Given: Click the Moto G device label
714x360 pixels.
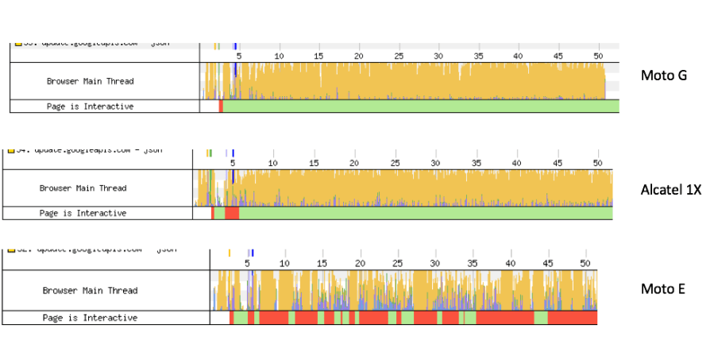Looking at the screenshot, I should (663, 75).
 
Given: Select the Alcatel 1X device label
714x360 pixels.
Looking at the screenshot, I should (671, 190).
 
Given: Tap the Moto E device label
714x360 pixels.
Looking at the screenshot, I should (662, 288).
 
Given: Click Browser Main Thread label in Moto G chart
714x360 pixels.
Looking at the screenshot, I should (90, 81).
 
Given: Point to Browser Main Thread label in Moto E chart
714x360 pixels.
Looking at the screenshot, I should (90, 291).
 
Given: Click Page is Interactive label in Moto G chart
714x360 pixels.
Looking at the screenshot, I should (90, 106).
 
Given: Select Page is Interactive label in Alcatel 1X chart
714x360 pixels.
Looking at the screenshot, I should (83, 213).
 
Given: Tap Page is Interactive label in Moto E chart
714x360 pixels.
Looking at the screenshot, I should (90, 318).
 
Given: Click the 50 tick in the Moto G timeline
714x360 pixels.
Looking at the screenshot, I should (598, 56).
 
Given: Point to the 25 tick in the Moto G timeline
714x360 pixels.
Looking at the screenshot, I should (399, 56).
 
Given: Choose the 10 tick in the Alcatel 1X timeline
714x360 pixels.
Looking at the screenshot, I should (273, 163).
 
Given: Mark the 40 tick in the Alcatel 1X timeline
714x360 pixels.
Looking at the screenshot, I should (517, 163).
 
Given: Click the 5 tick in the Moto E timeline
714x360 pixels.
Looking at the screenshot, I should (247, 263).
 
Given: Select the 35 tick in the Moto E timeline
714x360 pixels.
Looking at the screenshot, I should (473, 263).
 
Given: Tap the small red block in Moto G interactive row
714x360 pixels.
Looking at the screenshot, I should (221, 106).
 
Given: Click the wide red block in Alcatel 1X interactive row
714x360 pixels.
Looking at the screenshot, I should (232, 213).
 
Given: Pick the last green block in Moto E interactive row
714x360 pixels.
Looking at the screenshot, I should (541, 318).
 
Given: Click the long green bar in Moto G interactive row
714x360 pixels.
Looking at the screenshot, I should (421, 106).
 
